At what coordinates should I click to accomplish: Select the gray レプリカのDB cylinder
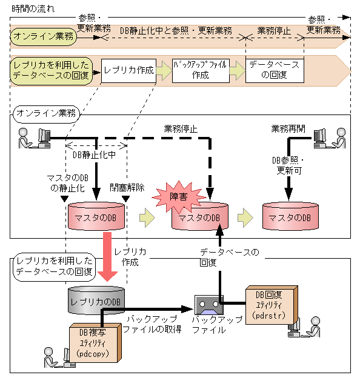point(95,300)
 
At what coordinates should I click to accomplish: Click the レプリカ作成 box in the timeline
point(128,70)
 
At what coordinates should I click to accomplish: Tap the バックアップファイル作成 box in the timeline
point(200,70)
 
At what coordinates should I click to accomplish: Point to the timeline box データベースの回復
point(274,70)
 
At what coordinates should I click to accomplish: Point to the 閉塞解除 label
point(127,187)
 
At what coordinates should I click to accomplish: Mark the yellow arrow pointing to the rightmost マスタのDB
point(245,217)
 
